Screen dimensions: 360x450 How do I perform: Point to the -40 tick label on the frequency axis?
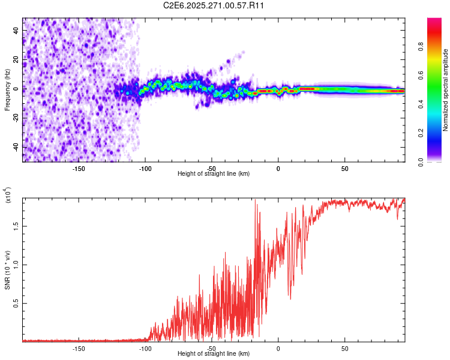[x=16, y=147]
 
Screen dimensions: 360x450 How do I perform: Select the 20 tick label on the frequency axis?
[x=16, y=59]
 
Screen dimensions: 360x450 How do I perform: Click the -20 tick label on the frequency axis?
[x=16, y=118]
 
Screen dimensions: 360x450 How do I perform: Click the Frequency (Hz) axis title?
[x=7, y=90]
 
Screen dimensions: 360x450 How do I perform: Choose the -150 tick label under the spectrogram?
[x=79, y=169]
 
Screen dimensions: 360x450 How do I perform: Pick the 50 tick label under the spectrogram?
[x=344, y=169]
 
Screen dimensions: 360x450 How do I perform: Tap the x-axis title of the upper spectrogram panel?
[x=214, y=173]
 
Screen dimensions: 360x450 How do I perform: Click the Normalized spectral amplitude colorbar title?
[x=445, y=90]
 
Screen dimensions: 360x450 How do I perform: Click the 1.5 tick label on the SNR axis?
[x=16, y=226]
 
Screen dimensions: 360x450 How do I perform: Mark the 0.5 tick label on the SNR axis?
[x=16, y=304]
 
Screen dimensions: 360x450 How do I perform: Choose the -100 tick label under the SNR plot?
[x=145, y=348]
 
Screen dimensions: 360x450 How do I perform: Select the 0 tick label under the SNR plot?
[x=278, y=348]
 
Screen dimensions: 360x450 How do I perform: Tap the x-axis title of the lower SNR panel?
[x=214, y=353]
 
